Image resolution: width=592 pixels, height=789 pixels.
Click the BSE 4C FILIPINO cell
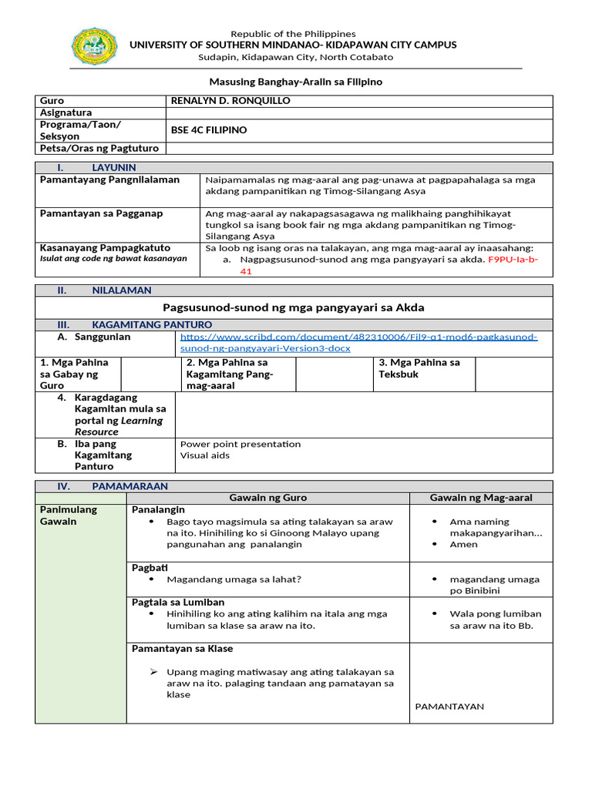click(209, 130)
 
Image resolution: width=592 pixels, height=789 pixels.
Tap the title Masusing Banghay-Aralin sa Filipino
click(296, 82)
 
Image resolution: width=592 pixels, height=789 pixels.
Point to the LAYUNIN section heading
click(113, 167)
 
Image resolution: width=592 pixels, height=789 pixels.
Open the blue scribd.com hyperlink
click(358, 342)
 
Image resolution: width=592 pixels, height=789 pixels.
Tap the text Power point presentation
click(240, 444)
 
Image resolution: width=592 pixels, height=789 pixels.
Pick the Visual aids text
click(204, 455)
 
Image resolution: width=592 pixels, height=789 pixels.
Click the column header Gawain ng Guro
click(267, 498)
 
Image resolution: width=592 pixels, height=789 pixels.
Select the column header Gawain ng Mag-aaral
click(481, 498)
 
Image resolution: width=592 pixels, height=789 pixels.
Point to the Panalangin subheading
click(158, 510)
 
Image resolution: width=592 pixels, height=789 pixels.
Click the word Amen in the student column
click(463, 544)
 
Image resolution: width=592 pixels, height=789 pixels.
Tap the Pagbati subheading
click(150, 568)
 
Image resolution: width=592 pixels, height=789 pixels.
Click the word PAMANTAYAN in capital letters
click(449, 706)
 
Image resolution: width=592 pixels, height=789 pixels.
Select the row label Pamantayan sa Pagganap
click(101, 213)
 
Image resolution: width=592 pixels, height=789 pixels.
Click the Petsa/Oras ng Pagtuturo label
click(99, 148)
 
